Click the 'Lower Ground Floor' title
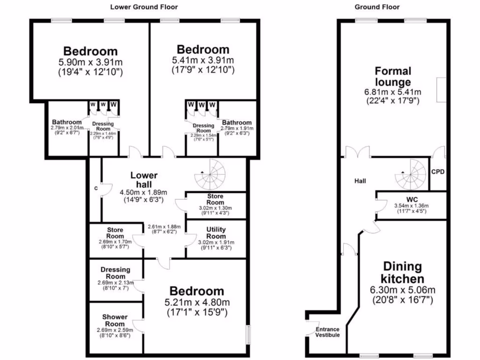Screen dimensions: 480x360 point(144,7)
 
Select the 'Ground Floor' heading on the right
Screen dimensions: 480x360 point(377,7)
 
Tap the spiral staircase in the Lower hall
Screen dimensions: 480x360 point(210,174)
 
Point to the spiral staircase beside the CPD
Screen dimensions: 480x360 point(410,174)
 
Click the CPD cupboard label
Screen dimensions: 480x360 point(438,172)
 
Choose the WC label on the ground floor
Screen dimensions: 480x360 point(412,200)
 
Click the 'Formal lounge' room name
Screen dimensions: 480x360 point(393,76)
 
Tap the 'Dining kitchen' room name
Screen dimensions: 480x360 point(403,272)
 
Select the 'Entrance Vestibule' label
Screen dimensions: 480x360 point(328,332)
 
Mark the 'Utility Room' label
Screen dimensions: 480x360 point(216,232)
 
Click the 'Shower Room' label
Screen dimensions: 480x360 point(115,320)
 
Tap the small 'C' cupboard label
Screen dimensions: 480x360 point(96,188)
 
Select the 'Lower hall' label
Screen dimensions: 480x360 point(144,180)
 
